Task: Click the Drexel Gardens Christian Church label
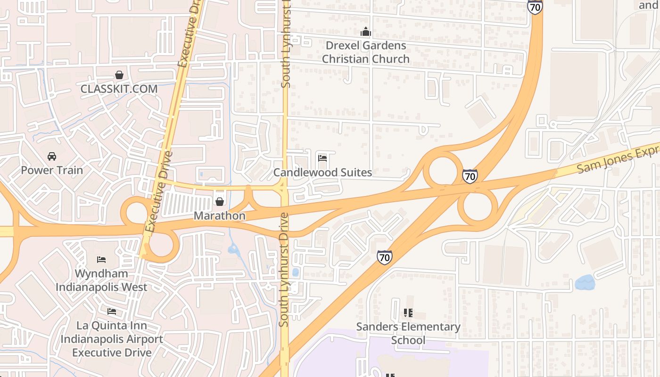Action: point(365,52)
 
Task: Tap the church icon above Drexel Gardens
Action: point(365,33)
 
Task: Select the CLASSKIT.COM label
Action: point(119,89)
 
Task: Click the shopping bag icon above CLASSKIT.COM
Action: point(119,75)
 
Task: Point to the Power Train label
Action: point(52,170)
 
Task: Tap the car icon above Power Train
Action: point(52,156)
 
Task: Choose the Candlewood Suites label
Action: point(322,172)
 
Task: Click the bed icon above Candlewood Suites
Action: point(322,158)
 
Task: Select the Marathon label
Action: point(220,216)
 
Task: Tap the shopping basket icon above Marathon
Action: point(220,202)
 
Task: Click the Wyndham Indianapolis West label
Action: point(101,280)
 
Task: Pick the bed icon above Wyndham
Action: point(101,260)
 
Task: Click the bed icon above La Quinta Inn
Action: point(112,311)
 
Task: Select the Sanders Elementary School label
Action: point(408,333)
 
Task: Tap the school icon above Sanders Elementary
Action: point(408,313)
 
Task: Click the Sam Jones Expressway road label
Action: point(618,158)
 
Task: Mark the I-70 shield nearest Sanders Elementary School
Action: point(384,257)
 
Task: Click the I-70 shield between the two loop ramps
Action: point(470,176)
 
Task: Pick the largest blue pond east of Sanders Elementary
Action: point(585,283)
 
